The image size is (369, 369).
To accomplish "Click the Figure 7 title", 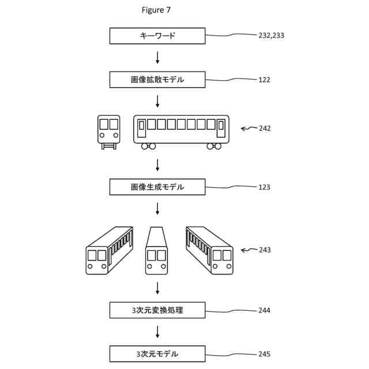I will [x=156, y=10].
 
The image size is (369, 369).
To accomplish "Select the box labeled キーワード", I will [x=157, y=36].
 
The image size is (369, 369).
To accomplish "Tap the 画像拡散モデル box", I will [x=157, y=80].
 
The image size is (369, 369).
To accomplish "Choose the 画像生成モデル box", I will [x=157, y=187].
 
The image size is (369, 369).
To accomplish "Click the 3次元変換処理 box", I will [x=157, y=310].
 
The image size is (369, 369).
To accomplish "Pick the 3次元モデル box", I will [x=157, y=353].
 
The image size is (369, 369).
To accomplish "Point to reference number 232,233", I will [x=271, y=36].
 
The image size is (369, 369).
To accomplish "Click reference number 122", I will [x=264, y=80].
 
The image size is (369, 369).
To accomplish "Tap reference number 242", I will [x=264, y=129].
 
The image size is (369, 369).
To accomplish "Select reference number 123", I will [x=264, y=187].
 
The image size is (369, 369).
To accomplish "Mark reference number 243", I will [x=264, y=250].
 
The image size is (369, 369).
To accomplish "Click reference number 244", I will [x=264, y=311].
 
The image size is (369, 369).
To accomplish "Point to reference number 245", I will [x=264, y=354].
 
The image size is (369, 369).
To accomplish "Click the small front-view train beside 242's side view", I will [x=108, y=131].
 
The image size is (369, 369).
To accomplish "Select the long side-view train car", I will [x=181, y=131].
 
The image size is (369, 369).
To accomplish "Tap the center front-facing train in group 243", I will [x=157, y=250].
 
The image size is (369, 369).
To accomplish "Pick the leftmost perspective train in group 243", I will [x=109, y=250].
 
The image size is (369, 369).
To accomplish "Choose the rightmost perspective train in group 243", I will [x=209, y=250].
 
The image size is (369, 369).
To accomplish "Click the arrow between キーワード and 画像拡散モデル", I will [x=157, y=58].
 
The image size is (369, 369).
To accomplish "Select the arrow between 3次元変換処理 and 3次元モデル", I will [x=157, y=332].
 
